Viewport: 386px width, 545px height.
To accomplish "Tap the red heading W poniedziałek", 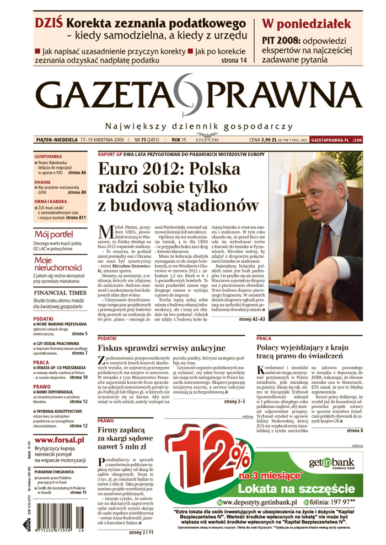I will (x=306, y=24).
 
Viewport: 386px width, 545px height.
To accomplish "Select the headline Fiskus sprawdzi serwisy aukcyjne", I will (x=162, y=348).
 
